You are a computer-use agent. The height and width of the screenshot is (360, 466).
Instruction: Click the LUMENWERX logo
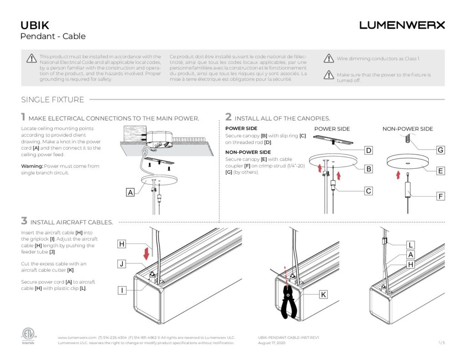pos(402,25)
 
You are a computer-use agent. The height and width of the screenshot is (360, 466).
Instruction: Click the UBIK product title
pos(35,25)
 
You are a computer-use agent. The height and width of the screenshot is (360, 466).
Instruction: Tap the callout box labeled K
pos(323,294)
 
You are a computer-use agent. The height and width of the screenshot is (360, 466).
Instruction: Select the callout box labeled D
pos(369,150)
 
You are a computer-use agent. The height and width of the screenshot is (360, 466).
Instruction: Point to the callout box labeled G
pos(440,150)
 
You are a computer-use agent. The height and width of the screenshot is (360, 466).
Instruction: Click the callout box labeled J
pos(122,264)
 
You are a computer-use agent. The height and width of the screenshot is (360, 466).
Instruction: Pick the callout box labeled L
pos(410,244)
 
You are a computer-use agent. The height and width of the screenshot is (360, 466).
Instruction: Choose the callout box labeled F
pos(440,197)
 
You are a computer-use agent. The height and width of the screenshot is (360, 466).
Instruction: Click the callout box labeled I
pos(122,290)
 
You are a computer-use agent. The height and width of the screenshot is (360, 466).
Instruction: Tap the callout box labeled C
pos(369,191)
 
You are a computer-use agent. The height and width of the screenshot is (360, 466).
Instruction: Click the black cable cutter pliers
pos(288,301)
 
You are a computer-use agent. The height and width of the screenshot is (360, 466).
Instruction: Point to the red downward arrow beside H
pos(146,252)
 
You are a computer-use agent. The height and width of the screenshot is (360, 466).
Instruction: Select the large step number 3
pos(24,221)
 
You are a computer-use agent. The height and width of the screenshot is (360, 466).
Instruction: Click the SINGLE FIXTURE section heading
pos(52,100)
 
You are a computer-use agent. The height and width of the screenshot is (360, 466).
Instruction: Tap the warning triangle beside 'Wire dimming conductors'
pos(329,58)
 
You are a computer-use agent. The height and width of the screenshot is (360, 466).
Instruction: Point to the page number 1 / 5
pos(441,343)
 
